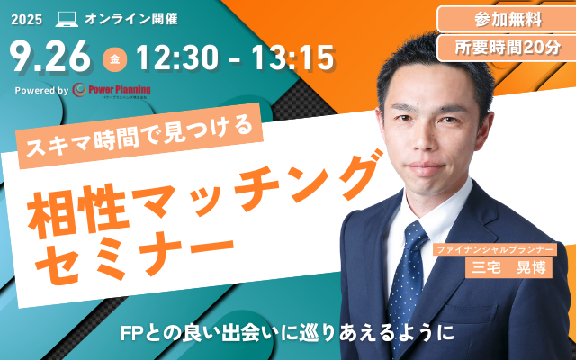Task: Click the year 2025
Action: click(x=28, y=18)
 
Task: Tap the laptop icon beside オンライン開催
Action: click(x=67, y=18)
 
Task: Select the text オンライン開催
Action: click(x=121, y=18)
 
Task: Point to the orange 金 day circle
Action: click(x=116, y=59)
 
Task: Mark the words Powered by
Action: click(x=42, y=90)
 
